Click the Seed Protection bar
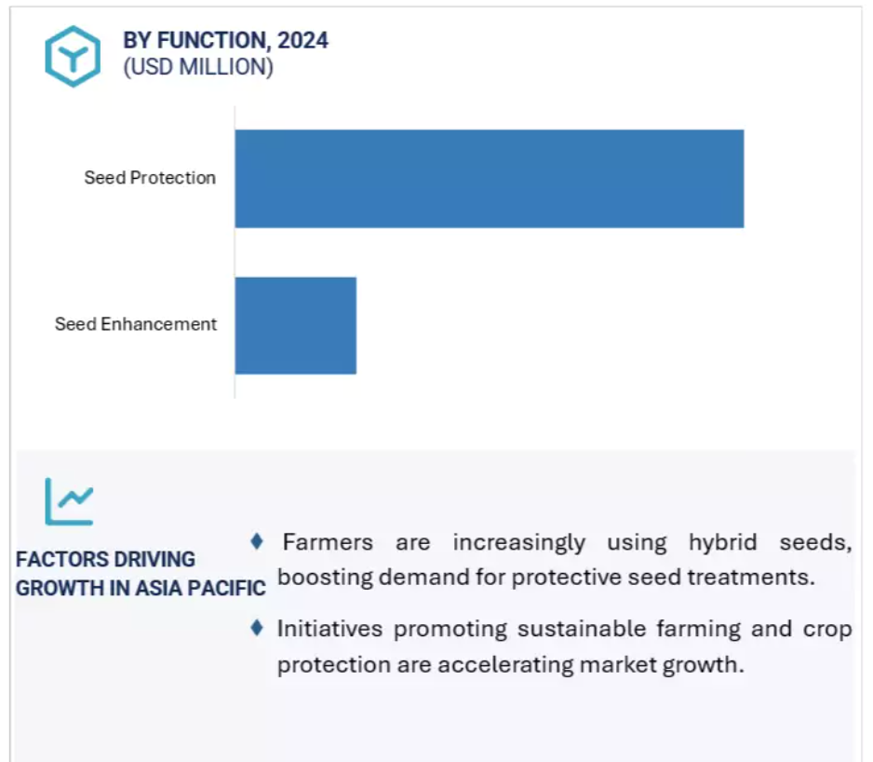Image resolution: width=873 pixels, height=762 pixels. pos(490,179)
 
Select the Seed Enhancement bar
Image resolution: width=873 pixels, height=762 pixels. pos(296,325)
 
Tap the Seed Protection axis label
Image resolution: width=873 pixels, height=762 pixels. pos(150,178)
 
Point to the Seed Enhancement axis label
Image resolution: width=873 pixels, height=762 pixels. pos(136,324)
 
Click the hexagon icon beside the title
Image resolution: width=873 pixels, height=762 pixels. pos(73,56)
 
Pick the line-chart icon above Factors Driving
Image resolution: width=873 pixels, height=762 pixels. pos(69,501)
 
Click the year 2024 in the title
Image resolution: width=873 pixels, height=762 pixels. pos(302,40)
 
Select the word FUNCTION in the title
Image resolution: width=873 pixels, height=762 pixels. pos(214,40)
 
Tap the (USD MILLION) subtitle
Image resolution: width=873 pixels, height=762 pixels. pos(198,67)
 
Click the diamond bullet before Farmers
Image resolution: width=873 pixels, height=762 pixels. pos(257,540)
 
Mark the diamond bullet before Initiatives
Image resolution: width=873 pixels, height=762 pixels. pos(257,628)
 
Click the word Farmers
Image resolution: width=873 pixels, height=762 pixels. pos(328,542)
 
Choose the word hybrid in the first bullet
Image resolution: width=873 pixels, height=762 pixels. pos(722,542)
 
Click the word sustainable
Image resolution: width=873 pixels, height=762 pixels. pos(582,629)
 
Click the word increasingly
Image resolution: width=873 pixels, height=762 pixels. pos(519,542)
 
